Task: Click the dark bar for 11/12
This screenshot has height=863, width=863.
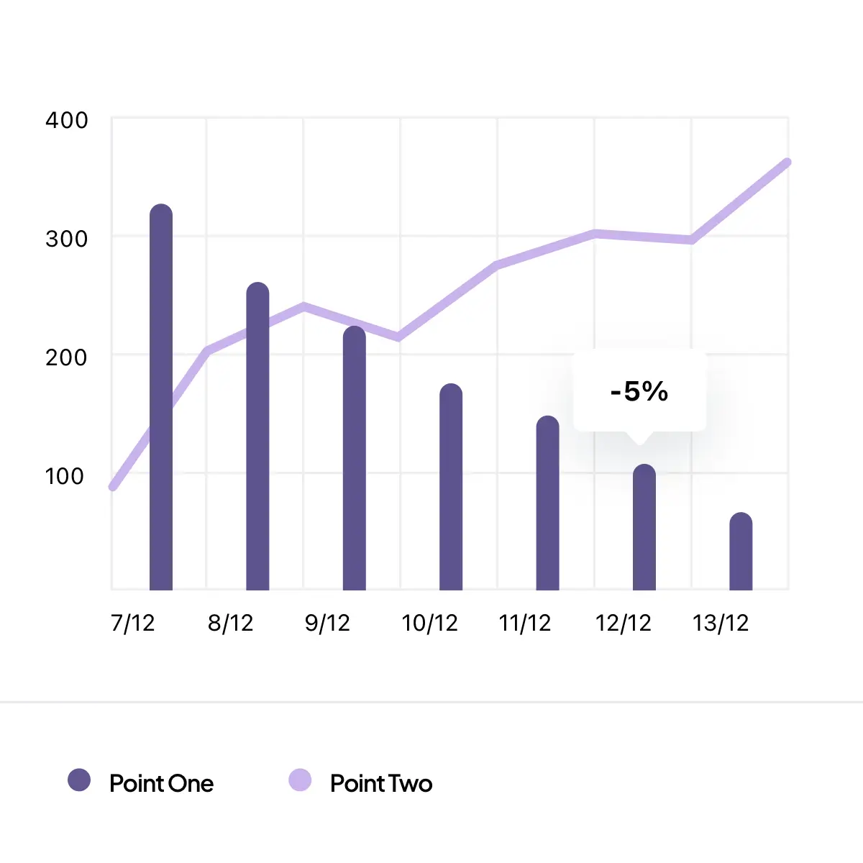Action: coord(547,503)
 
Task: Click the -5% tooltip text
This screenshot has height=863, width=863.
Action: coord(639,391)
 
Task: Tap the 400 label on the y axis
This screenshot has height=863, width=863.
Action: coord(67,120)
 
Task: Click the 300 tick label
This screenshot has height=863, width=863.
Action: coord(67,239)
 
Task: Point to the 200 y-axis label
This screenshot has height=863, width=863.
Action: coord(67,357)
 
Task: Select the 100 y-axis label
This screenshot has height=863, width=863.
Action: coord(65,476)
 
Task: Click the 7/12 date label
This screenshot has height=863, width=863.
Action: coord(133,623)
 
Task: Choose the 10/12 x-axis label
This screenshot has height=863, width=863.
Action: coord(430,623)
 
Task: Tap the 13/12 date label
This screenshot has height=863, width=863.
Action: coord(721,623)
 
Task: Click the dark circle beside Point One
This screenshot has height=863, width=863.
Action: coord(79,780)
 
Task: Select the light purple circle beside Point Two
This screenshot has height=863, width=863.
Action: coord(300,780)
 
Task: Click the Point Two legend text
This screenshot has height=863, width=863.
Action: coord(381,783)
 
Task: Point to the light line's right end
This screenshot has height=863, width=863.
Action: coord(787,163)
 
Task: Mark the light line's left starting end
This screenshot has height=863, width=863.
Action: coord(114,487)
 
